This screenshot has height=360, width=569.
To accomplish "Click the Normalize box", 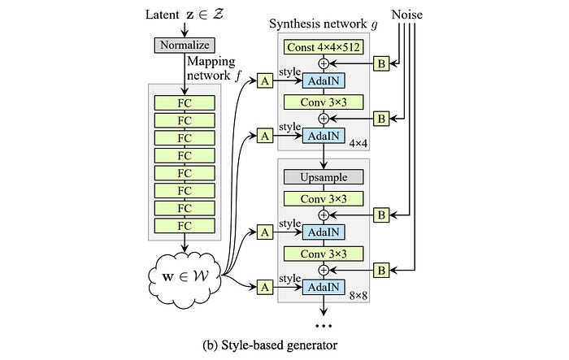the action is point(185,46).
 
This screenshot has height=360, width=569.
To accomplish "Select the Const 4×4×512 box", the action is point(324,47).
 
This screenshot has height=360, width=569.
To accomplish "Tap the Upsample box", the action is point(324,177).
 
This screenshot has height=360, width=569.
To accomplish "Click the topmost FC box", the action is point(185,103).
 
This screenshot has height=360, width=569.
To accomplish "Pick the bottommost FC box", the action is point(185,226).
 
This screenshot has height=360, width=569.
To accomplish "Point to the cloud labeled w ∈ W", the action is point(185,277).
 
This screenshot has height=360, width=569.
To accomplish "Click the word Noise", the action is point(406,15).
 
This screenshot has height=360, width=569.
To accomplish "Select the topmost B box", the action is point(381,63).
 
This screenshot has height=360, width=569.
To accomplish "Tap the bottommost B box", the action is point(381,270).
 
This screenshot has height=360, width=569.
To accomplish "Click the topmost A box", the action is point(265,80).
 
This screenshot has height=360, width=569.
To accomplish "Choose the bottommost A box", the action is point(265,287).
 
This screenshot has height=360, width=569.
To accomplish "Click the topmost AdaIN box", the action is point(324,80).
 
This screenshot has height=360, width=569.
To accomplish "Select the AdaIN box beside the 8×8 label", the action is point(324,287).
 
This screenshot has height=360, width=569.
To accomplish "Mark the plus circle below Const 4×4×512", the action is point(324,63).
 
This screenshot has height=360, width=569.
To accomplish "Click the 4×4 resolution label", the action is point(358,144).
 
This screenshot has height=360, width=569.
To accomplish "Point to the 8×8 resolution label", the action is point(358,296).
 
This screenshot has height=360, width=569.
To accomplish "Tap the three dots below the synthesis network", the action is point(324,326).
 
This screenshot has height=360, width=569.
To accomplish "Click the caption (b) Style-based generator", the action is point(270,345).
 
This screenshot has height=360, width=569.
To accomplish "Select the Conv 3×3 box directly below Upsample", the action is point(324,199).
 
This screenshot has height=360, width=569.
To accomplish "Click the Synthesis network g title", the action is point(324,24).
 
